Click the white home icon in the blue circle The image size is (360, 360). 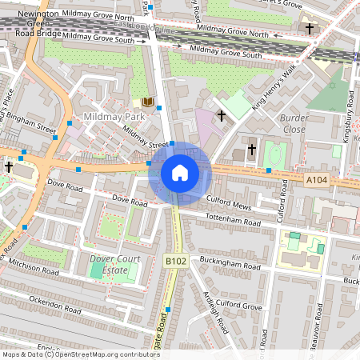point(180,172)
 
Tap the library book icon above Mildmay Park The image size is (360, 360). point(147,102)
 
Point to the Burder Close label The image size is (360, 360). point(293,123)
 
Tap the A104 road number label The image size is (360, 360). point(318,181)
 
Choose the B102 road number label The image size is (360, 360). point(176,260)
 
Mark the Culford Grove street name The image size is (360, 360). point(239,306)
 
